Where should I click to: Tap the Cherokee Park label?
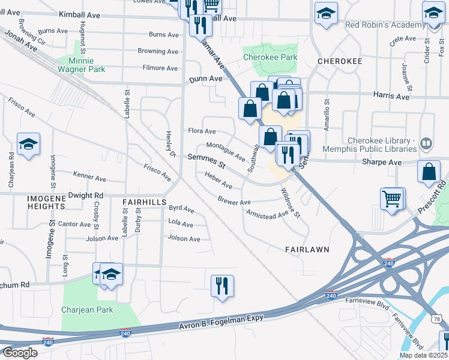[x=270, y=58]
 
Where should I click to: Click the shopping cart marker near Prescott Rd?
[x=392, y=199]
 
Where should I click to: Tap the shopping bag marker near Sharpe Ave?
[x=429, y=171]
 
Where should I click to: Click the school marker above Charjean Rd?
[x=28, y=144]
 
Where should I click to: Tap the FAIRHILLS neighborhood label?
[x=144, y=203]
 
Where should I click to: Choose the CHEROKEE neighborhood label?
[x=339, y=61]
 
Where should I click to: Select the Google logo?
[x=19, y=353]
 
